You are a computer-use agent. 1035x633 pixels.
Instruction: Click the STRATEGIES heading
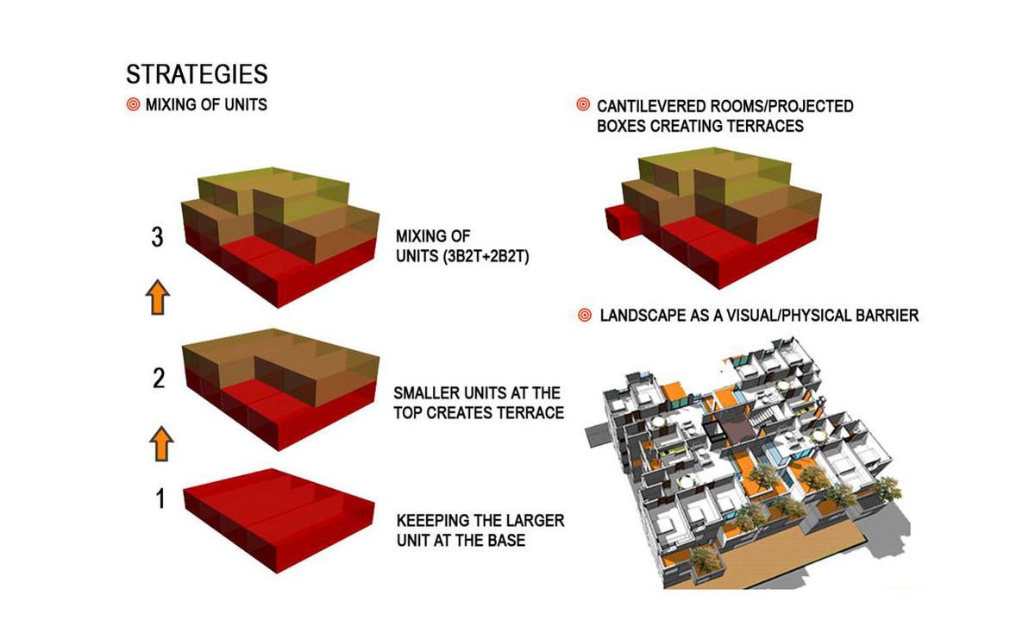[x=197, y=73]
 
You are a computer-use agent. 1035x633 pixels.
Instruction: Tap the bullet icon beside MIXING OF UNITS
[x=133, y=106]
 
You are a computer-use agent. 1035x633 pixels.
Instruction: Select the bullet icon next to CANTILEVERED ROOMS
[x=583, y=106]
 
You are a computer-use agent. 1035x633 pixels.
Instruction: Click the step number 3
[x=157, y=237]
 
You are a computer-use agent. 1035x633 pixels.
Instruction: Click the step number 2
[x=158, y=379]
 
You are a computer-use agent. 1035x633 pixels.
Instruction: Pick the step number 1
[x=159, y=498]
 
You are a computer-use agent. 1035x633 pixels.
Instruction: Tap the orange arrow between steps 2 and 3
[x=158, y=298]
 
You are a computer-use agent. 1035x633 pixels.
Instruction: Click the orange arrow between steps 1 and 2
[x=160, y=445]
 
